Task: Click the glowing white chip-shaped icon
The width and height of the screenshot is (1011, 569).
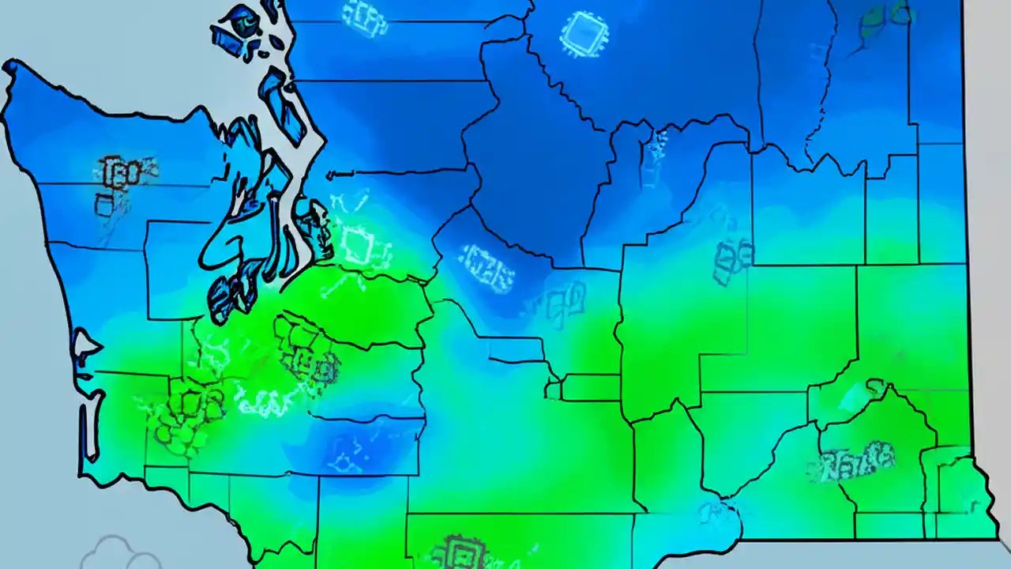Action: click(584, 33)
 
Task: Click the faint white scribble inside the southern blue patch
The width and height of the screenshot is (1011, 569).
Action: click(348, 454)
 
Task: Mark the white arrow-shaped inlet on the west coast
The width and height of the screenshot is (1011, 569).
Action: click(85, 346)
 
